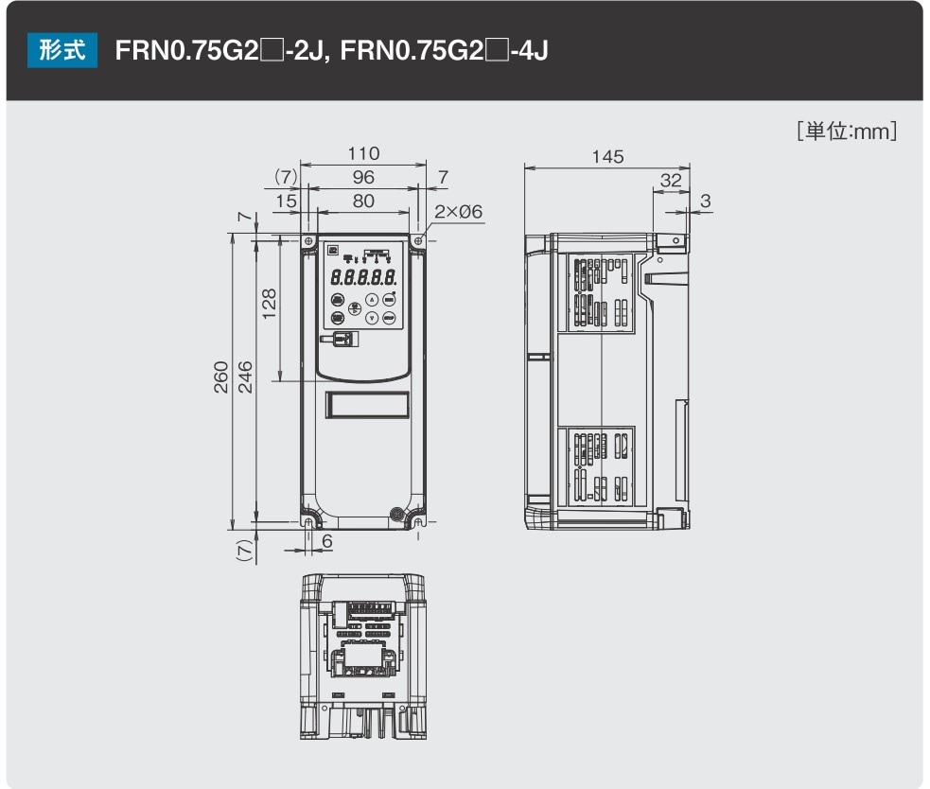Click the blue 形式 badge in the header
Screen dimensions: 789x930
click(62, 49)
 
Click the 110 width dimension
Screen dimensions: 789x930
click(362, 153)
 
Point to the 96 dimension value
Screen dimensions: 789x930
click(362, 177)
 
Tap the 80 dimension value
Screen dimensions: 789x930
click(362, 201)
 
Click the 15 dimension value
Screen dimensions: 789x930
click(286, 201)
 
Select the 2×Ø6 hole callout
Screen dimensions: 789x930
click(459, 212)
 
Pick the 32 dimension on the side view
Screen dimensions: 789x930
click(670, 180)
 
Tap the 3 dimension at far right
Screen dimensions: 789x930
click(705, 201)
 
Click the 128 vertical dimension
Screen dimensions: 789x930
click(270, 306)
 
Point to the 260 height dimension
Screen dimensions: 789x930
click(220, 377)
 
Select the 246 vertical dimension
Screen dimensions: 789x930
click(245, 377)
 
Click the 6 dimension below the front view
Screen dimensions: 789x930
click(327, 540)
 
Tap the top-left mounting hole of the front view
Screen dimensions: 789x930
click(308, 241)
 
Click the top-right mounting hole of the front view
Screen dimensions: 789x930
click(418, 241)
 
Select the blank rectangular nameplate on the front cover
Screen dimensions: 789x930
click(366, 405)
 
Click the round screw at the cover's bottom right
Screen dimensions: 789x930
click(397, 514)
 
